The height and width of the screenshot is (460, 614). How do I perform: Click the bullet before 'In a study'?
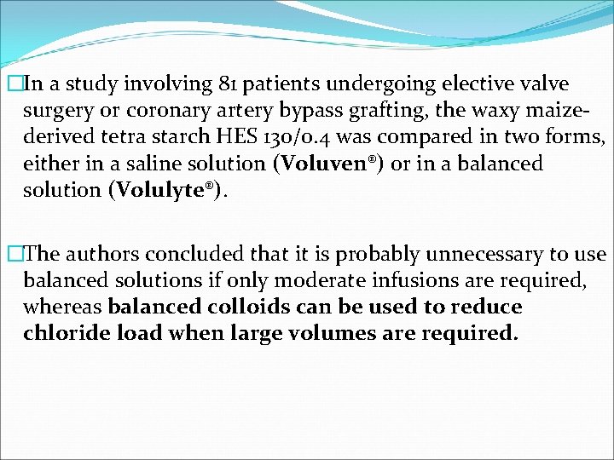click(12, 85)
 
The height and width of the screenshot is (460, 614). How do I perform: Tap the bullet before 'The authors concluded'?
click(12, 255)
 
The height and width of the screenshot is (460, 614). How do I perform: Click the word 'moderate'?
click(291, 280)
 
